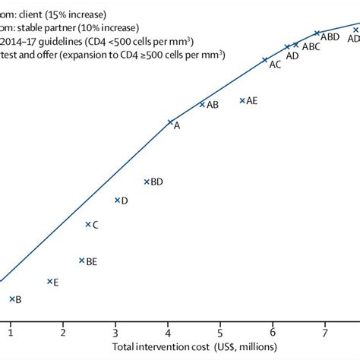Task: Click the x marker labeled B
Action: tap(11, 298)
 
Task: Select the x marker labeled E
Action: tap(50, 281)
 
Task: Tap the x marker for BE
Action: tap(81, 260)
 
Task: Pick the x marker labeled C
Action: tap(88, 224)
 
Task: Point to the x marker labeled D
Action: tap(117, 200)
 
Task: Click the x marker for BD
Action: tap(147, 181)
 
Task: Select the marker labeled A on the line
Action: tap(169, 122)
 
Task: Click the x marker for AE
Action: tap(242, 100)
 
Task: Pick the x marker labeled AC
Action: tap(264, 60)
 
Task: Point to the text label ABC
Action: tap(311, 47)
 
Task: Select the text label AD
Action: tap(292, 55)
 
